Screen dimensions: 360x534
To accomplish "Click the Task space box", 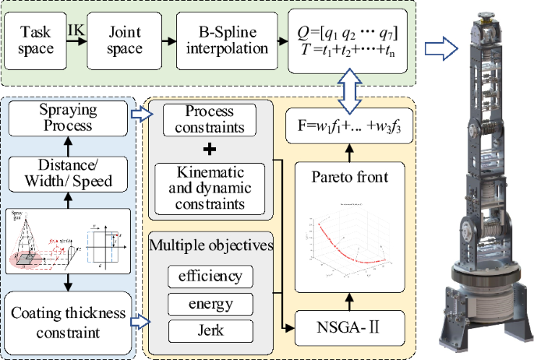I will click(36, 40).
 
